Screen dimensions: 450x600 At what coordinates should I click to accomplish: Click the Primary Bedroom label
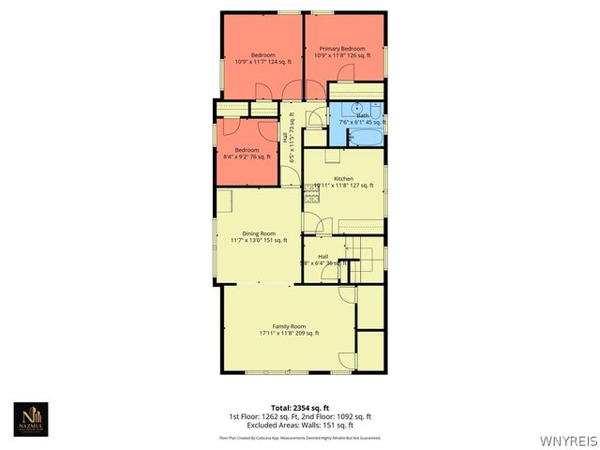(341, 49)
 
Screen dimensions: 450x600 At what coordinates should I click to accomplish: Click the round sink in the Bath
(356, 109)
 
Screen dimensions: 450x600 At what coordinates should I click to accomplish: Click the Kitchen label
(343, 178)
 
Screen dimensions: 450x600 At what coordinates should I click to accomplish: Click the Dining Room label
(259, 233)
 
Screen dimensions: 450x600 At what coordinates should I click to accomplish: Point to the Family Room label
(289, 325)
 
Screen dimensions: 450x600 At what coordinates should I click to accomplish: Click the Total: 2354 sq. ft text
(300, 407)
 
